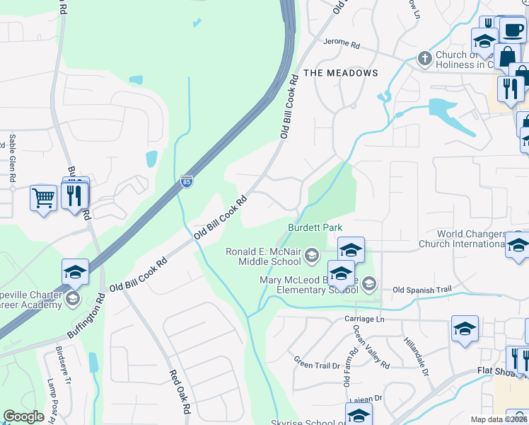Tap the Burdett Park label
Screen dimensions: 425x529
[x=315, y=227]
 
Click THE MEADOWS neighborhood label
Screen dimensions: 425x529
[x=341, y=73]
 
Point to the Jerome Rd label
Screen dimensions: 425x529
[x=342, y=42]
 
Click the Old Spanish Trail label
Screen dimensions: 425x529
[x=422, y=289]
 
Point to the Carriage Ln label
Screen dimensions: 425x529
[x=364, y=319]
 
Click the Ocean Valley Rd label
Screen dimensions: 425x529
[x=371, y=348]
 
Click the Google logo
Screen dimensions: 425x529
[x=24, y=416]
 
